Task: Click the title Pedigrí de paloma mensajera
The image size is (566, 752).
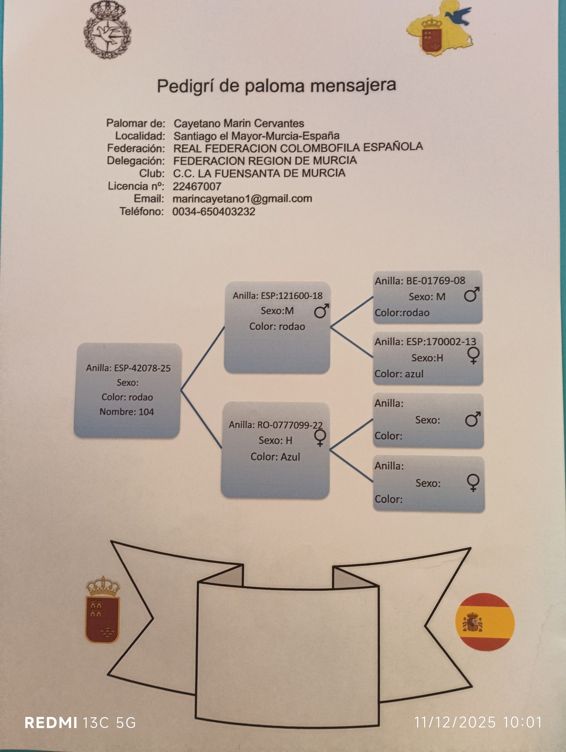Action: (276, 86)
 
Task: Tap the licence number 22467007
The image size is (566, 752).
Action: (197, 186)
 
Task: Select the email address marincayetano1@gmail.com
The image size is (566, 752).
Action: (242, 199)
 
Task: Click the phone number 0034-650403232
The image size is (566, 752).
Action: (214, 211)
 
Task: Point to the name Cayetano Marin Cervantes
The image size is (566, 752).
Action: (238, 123)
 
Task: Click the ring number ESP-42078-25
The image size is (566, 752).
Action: (142, 368)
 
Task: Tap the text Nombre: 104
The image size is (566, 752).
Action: (127, 412)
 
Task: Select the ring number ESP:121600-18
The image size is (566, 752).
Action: (292, 296)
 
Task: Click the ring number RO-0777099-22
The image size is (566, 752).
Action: (290, 425)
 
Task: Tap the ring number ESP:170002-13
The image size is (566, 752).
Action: (441, 342)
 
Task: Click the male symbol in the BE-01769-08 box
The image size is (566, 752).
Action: (471, 294)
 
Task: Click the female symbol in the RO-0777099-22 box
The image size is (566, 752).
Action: (320, 437)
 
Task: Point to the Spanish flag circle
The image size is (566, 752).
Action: (485, 622)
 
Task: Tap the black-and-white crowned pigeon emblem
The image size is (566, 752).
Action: (107, 30)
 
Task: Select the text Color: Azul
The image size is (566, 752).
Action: (275, 456)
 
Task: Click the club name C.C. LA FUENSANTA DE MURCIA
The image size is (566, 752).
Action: (259, 173)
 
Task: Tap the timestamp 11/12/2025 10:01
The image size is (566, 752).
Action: (478, 722)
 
